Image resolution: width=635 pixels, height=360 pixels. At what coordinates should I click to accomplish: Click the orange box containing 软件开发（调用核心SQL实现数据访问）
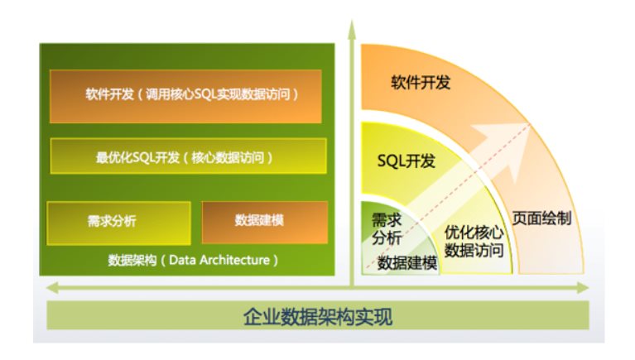(185, 96)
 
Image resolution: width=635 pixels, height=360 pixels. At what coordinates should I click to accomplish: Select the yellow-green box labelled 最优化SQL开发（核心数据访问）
(188, 156)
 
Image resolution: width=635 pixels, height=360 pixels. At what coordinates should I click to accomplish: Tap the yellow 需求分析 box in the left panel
(118, 223)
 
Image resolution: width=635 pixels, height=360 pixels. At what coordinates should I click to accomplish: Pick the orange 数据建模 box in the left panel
(265, 223)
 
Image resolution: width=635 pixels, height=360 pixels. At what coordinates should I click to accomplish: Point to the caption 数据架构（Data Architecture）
(193, 260)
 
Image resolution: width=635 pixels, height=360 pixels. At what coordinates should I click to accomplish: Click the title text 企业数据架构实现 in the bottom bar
(318, 317)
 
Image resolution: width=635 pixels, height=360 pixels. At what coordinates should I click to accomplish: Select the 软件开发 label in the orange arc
(421, 82)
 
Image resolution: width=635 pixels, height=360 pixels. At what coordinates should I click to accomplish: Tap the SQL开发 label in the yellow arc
(406, 161)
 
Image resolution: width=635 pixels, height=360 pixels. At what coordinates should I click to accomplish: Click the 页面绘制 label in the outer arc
(541, 218)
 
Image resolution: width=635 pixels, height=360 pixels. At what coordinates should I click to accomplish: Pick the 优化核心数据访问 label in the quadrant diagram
(474, 242)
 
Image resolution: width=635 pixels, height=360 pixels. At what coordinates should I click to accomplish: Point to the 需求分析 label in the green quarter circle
(387, 228)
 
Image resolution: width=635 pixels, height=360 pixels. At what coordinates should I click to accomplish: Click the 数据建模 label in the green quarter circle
(407, 263)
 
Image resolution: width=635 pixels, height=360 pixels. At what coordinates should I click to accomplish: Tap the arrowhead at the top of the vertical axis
(352, 30)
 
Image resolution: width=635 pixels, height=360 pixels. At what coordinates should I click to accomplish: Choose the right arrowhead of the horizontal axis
(583, 288)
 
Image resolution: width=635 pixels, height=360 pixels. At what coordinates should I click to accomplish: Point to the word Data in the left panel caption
(182, 260)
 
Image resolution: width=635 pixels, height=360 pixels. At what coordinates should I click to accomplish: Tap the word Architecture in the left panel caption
(234, 260)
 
